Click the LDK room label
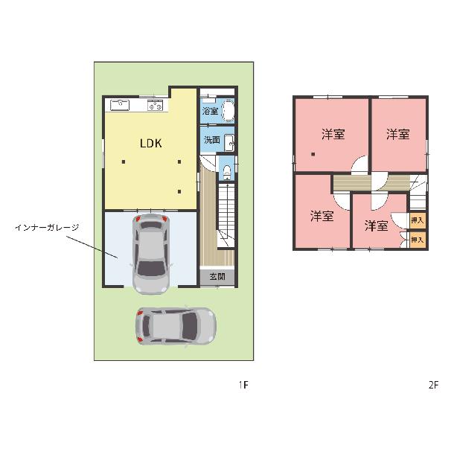[x=151, y=143]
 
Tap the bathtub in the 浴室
[x=228, y=111]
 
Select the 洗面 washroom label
[x=212, y=140]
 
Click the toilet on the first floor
[x=227, y=172]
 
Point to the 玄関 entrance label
[x=217, y=277]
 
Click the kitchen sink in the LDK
[x=120, y=105]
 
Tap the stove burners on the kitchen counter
[x=156, y=105]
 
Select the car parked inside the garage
[x=151, y=254]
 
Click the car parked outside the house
[x=176, y=326]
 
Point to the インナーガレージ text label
[x=47, y=228]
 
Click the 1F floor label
[x=243, y=385]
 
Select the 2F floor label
[x=433, y=385]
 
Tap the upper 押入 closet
[x=418, y=220]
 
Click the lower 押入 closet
[x=418, y=240]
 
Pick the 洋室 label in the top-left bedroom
[x=333, y=135]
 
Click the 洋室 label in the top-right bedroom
[x=398, y=135]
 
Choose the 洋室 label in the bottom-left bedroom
[x=322, y=217]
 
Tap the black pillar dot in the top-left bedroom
[x=313, y=154]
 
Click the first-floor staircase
[x=226, y=215]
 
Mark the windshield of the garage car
[x=151, y=268]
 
